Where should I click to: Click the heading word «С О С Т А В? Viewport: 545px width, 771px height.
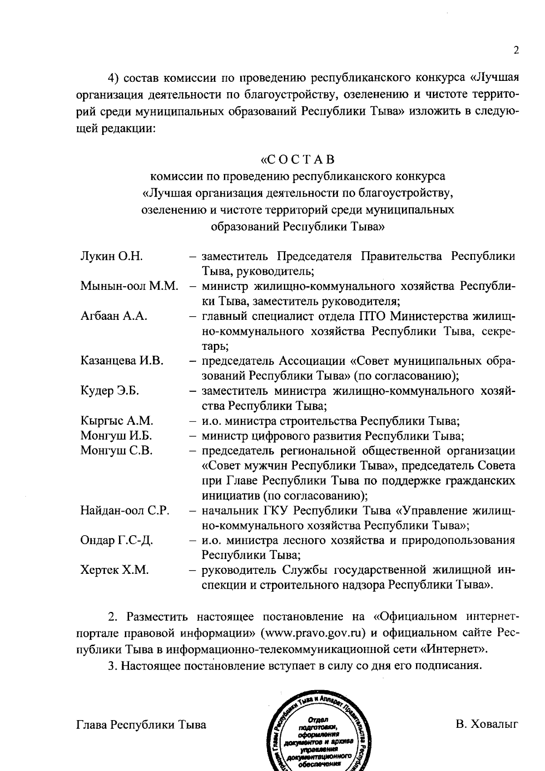297,160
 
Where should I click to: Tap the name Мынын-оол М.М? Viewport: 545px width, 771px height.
129,286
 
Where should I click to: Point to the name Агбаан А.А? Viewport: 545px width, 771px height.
114,316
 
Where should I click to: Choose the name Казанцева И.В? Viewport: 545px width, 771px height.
122,361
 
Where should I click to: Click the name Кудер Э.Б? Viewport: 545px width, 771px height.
109,391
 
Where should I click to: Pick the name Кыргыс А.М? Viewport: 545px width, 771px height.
117,421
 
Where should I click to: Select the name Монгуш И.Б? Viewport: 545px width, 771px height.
116,436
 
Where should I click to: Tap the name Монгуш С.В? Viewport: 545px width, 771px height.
116,451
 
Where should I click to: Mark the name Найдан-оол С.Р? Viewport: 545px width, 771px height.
125,510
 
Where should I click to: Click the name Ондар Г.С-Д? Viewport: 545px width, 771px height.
117,540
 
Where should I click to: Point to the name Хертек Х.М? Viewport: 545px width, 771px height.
114,570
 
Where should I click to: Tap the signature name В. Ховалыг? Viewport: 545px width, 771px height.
486,724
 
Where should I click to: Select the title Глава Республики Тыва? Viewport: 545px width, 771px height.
141,724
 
